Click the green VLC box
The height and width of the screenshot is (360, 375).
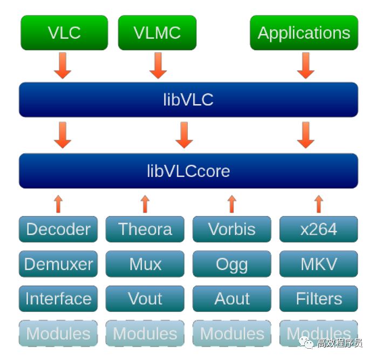click(x=64, y=33)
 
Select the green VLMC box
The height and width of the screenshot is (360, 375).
click(x=157, y=33)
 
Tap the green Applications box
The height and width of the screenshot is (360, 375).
click(x=304, y=33)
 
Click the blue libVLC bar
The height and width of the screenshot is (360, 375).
click(x=188, y=99)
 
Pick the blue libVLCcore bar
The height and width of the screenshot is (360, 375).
click(x=188, y=171)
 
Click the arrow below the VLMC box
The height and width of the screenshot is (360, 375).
click(x=158, y=65)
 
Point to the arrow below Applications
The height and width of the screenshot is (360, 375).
click(x=305, y=65)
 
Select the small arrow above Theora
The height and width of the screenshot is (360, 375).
click(x=145, y=204)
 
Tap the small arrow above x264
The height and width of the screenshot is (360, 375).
click(x=318, y=204)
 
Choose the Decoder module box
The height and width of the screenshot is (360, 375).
click(x=58, y=229)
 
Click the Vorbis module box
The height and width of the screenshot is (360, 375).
click(x=231, y=229)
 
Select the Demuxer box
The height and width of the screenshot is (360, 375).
click(x=58, y=264)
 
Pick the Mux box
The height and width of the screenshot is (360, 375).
click(x=145, y=264)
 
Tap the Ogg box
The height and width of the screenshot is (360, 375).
click(x=231, y=264)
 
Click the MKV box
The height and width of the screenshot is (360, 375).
click(x=318, y=264)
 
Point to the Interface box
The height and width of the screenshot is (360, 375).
click(x=58, y=298)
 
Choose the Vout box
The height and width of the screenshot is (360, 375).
click(x=145, y=298)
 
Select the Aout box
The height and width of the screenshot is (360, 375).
click(x=231, y=298)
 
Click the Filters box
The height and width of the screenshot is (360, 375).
click(x=318, y=298)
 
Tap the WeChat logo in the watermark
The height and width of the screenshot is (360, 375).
click(x=307, y=342)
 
